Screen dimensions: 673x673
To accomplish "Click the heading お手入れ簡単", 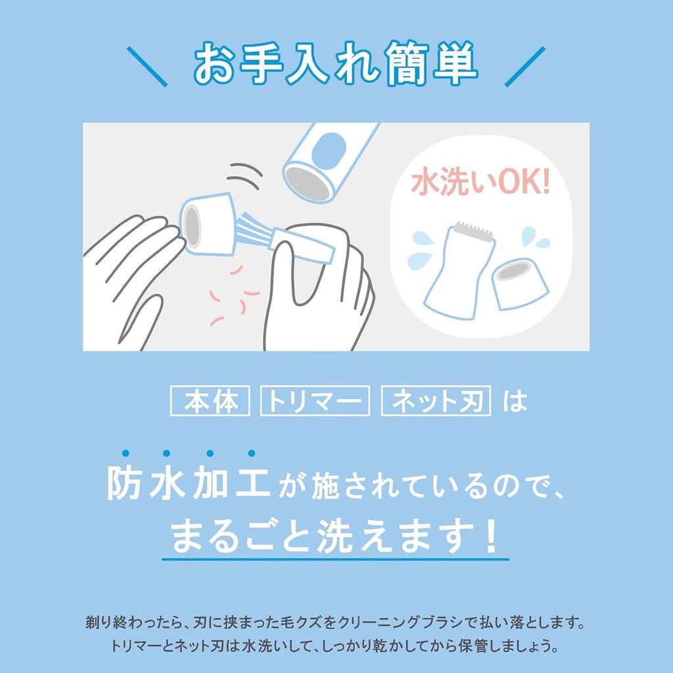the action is (x=336, y=63).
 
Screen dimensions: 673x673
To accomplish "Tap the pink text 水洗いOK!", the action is (x=480, y=183).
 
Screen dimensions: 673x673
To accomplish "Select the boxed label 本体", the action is (x=210, y=401).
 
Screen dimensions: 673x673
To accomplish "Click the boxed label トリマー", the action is (x=315, y=401).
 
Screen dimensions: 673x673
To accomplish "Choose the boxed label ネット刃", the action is (x=436, y=401).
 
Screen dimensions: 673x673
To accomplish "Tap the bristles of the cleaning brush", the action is (x=257, y=229).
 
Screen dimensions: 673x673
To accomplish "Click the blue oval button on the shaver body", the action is (x=329, y=151).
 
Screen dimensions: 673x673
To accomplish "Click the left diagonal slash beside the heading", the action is (x=147, y=66).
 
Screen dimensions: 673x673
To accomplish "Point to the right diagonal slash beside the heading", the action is (x=525, y=66).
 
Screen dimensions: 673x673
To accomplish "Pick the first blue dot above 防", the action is (x=126, y=453).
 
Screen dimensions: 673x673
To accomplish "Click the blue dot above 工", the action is (x=252, y=453).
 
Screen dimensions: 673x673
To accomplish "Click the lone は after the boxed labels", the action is (x=515, y=402).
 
